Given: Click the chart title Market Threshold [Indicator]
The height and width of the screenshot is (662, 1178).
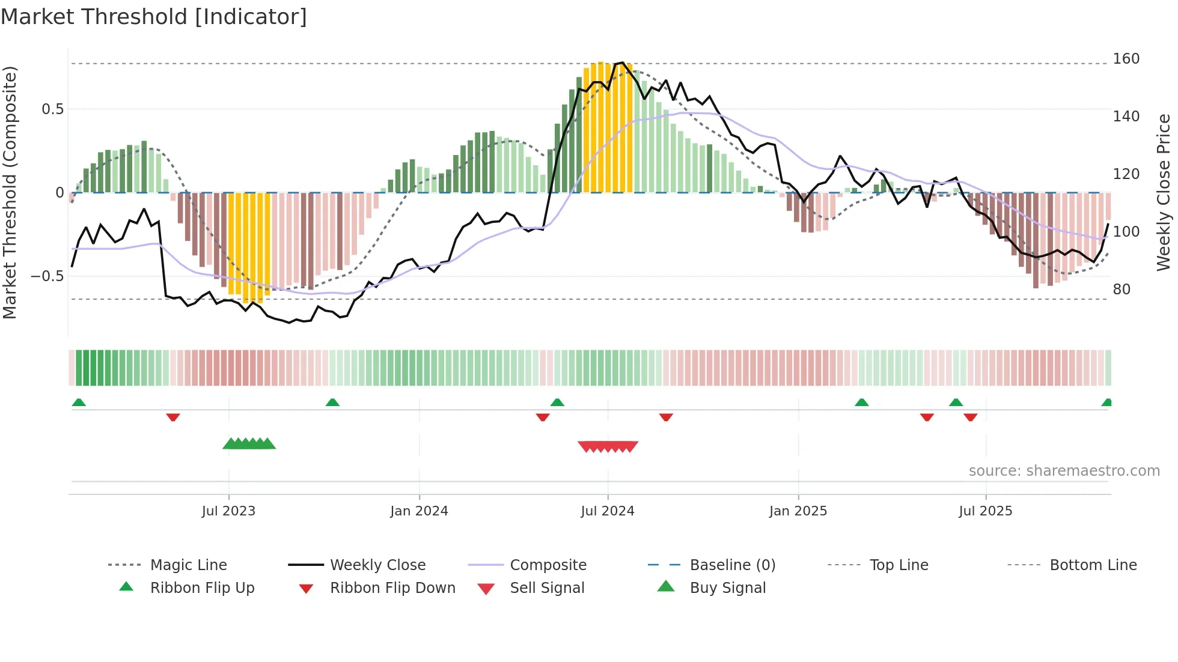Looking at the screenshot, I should (154, 17).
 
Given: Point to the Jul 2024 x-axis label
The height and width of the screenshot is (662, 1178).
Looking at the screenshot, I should (608, 511).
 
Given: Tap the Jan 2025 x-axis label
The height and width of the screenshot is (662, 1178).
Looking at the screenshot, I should (798, 511).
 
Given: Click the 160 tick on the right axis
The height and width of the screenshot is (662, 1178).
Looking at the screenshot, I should (1126, 59).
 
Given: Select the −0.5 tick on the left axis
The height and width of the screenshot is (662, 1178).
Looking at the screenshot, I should (47, 276).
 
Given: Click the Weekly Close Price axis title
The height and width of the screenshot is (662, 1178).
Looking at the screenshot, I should (1164, 192).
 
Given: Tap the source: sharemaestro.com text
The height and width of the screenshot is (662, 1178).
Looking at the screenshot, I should (1064, 471).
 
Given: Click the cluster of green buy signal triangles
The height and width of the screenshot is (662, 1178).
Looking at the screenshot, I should (249, 444).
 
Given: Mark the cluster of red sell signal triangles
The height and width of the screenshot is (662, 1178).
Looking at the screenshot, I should (608, 446).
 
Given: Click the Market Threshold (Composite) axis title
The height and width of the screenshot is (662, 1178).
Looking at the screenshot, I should (10, 192).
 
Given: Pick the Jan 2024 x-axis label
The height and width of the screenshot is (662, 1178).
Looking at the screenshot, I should (419, 511).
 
